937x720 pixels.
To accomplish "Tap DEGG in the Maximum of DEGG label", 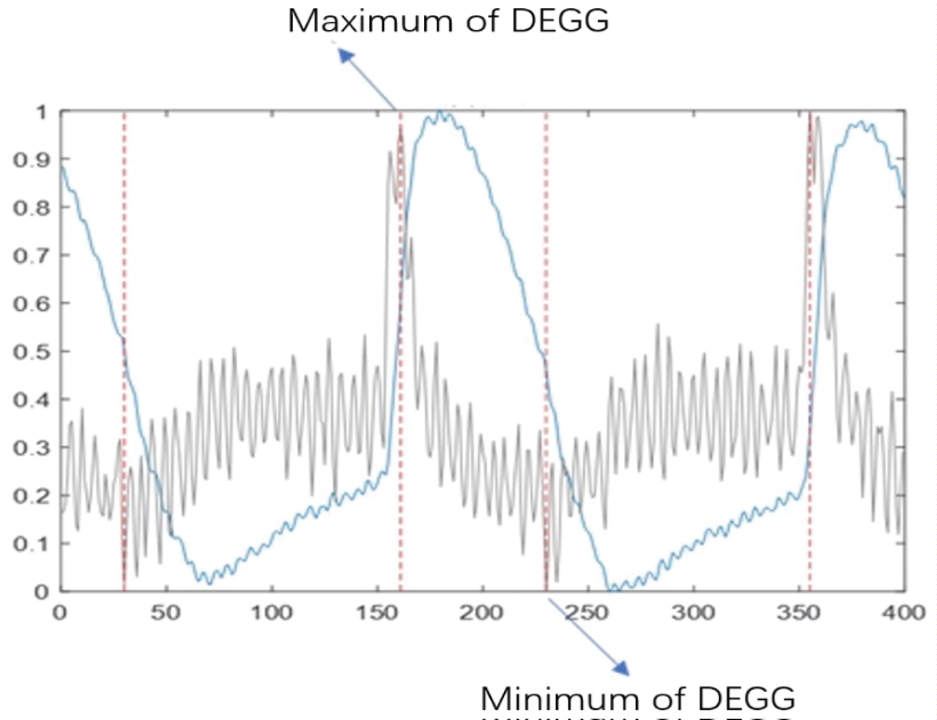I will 559,21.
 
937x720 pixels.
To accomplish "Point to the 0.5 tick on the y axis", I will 31,352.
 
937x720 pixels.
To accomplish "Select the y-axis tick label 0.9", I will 31,160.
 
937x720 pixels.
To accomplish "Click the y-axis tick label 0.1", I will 31,544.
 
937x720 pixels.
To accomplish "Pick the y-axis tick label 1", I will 41,112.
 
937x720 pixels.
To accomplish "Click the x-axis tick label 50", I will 166,612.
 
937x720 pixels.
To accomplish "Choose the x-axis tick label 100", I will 271,612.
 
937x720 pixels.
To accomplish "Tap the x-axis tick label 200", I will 482,612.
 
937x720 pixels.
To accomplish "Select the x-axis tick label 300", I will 693,612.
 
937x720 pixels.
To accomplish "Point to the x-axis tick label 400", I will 903,612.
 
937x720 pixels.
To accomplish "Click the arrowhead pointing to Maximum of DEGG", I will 346,56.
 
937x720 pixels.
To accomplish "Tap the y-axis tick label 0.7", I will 31,256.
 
